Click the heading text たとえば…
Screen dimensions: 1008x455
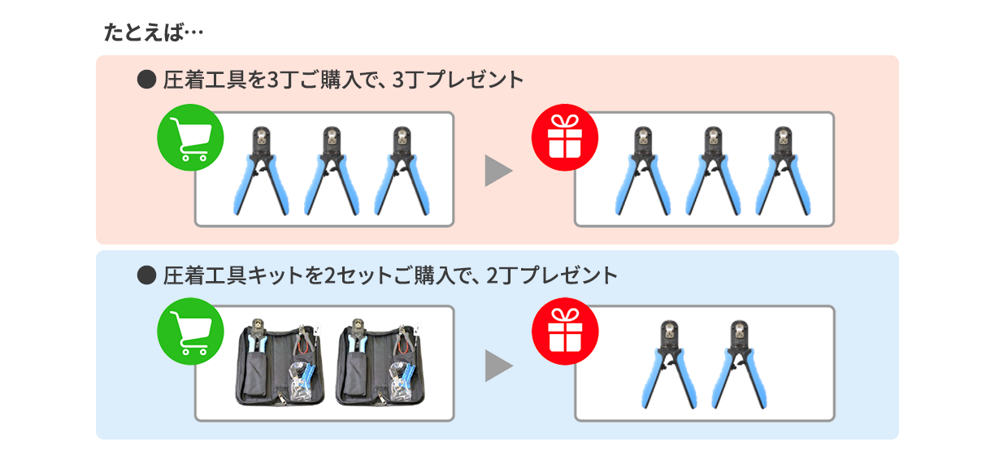(154, 32)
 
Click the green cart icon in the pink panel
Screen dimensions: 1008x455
(190, 137)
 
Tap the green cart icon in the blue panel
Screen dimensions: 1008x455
(190, 331)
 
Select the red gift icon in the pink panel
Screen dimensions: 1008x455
(565, 137)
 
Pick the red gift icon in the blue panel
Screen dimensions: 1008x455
(565, 331)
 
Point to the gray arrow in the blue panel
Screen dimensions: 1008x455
(498, 366)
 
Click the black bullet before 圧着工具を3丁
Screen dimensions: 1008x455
(146, 80)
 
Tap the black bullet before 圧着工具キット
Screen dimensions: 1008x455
(146, 275)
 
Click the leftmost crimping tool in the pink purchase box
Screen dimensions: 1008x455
(261, 171)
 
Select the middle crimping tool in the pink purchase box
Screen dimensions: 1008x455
(332, 171)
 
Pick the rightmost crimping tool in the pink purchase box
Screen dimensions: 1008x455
(402, 171)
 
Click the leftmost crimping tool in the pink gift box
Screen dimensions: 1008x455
(642, 171)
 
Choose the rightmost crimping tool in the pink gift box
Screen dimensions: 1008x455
(783, 171)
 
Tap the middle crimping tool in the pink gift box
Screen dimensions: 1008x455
(713, 171)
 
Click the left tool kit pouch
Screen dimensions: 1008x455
(280, 363)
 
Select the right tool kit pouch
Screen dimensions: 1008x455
(380, 363)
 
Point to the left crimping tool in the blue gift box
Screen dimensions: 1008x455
(669, 365)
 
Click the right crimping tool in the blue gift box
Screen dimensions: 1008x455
(739, 365)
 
